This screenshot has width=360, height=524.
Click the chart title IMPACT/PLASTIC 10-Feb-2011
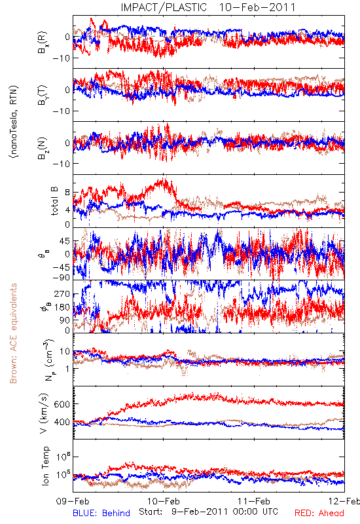[x=208, y=7]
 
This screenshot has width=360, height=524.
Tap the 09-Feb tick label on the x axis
[x=73, y=501]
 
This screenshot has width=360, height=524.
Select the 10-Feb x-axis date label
[x=164, y=501]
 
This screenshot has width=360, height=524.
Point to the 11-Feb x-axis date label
[x=254, y=501]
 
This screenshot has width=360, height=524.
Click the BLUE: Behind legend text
[x=101, y=513]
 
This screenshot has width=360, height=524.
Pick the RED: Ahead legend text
[x=319, y=513]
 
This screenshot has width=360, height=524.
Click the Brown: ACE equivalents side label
[x=13, y=333]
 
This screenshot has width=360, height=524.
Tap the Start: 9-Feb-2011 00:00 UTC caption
[x=208, y=512]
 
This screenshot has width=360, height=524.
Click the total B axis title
[x=54, y=201]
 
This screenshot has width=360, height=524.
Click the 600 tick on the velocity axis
[x=62, y=404]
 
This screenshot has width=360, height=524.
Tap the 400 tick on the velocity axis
[x=62, y=422]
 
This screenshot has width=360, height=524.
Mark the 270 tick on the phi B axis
[x=62, y=294]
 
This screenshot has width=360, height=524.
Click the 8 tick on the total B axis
[x=67, y=193]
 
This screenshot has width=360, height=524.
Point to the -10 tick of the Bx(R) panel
[x=60, y=58]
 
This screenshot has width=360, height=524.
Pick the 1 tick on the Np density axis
[x=67, y=369]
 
